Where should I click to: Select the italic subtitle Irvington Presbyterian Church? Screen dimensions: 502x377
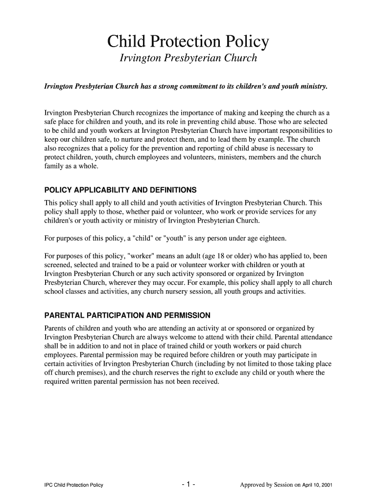click(188, 58)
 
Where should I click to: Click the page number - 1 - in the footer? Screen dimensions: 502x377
click(188, 485)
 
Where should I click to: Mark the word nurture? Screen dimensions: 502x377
click(135, 139)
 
